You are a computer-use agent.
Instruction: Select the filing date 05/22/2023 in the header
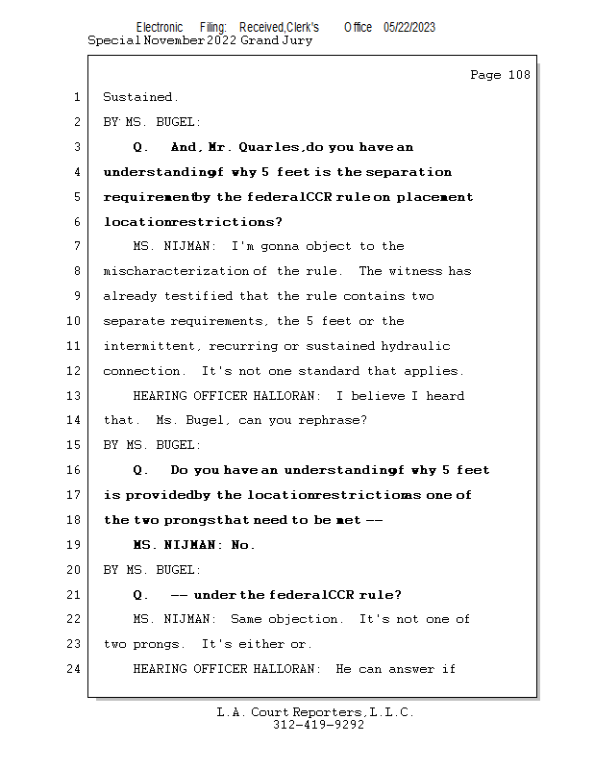tap(408, 27)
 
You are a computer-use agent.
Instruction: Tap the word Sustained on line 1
tap(139, 97)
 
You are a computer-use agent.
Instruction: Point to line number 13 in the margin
tap(75, 396)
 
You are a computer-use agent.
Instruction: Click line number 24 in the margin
tap(75, 669)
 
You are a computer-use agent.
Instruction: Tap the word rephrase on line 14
tap(334, 420)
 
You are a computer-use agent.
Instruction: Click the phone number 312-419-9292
tap(318, 726)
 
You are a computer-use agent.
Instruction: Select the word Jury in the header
tap(296, 40)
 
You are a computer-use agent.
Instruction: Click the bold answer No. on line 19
tap(243, 545)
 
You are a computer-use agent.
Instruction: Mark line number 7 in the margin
tap(75, 246)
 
